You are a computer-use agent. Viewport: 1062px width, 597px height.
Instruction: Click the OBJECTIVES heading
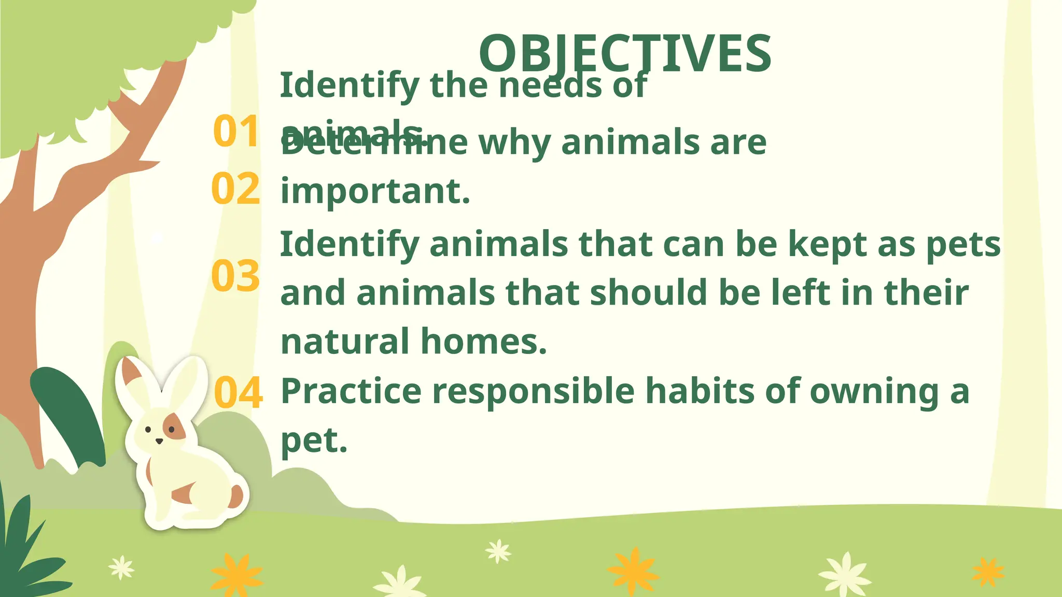(x=625, y=53)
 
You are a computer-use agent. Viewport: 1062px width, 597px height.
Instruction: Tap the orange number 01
(x=236, y=132)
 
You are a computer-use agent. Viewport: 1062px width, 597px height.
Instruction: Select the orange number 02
(x=235, y=189)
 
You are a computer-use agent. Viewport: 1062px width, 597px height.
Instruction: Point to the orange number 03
(x=235, y=276)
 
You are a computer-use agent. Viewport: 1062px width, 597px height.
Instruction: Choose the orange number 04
(x=238, y=393)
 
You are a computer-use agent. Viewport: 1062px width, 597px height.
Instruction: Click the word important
(x=375, y=191)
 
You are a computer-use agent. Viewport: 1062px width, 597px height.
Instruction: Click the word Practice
(x=351, y=391)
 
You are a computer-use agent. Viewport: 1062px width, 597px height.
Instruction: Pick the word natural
(x=345, y=342)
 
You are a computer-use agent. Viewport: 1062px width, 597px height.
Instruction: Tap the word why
(x=514, y=143)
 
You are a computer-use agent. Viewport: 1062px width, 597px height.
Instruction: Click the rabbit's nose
(x=159, y=441)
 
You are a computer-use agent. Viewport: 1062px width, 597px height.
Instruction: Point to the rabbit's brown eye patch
(x=175, y=428)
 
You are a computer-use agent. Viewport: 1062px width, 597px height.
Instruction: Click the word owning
(x=874, y=391)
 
